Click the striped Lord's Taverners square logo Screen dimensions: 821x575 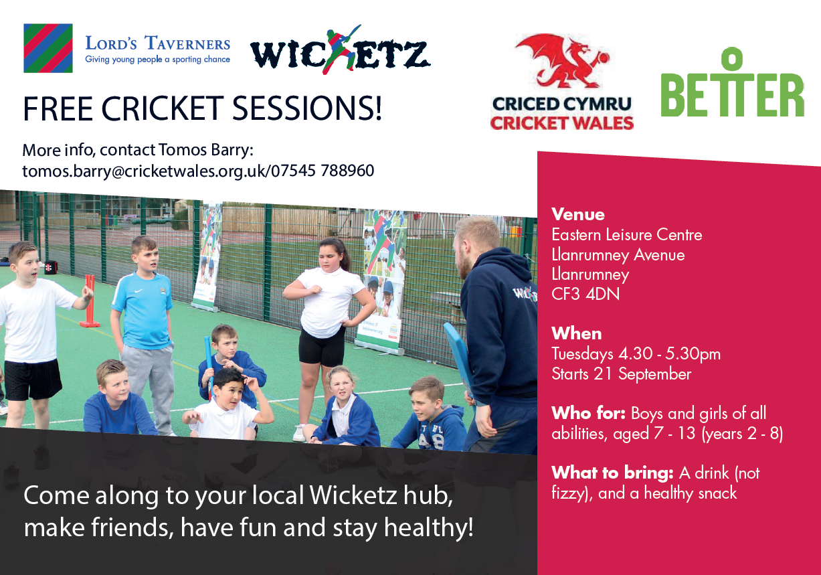pyautogui.click(x=48, y=48)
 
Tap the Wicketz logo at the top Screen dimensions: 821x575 pyautogui.click(x=340, y=51)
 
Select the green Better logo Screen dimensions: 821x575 pyautogui.click(x=732, y=82)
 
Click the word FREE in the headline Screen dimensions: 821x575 pyautogui.click(x=58, y=108)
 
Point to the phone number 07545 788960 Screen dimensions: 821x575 pyautogui.click(x=323, y=171)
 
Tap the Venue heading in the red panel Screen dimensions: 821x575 pyautogui.click(x=578, y=214)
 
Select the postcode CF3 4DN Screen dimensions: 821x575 pyautogui.click(x=585, y=294)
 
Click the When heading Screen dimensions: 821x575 pyautogui.click(x=577, y=334)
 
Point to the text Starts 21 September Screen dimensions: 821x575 pyautogui.click(x=621, y=374)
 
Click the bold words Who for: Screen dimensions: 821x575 pyautogui.click(x=588, y=413)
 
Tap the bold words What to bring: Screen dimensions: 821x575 pyautogui.click(x=612, y=473)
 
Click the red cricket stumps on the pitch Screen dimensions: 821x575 pyautogui.click(x=90, y=301)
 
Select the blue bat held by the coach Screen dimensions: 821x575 pyautogui.click(x=458, y=357)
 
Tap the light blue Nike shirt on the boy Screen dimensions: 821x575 pyautogui.click(x=143, y=310)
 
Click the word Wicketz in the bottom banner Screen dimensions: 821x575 pyautogui.click(x=353, y=495)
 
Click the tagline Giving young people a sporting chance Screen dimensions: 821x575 pyautogui.click(x=158, y=60)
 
